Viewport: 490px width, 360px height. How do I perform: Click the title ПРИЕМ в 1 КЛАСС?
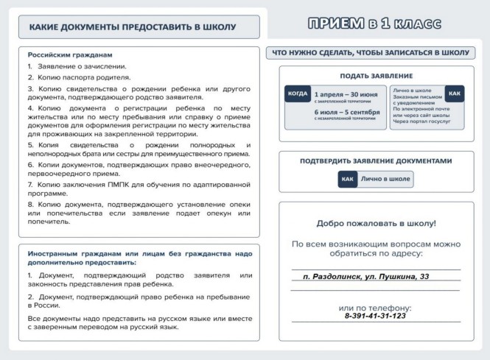375,24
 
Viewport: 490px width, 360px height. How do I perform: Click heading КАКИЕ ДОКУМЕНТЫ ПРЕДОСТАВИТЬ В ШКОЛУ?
133,27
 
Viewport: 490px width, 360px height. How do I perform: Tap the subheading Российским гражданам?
70,55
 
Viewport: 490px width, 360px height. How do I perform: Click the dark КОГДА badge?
298,94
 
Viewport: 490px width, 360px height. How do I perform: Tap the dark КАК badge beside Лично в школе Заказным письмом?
455,94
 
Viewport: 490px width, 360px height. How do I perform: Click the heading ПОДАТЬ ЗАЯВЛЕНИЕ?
376,76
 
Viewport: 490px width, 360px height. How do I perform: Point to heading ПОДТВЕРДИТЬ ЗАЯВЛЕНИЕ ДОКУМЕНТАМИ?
376,161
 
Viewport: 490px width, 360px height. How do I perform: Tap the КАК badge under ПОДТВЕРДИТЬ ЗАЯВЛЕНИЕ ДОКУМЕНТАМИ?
348,179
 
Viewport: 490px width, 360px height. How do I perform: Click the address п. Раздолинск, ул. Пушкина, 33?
376,277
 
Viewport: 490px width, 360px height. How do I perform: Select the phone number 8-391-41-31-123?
375,316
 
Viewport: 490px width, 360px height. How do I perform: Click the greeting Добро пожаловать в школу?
376,223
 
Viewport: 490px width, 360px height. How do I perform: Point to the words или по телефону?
375,307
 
